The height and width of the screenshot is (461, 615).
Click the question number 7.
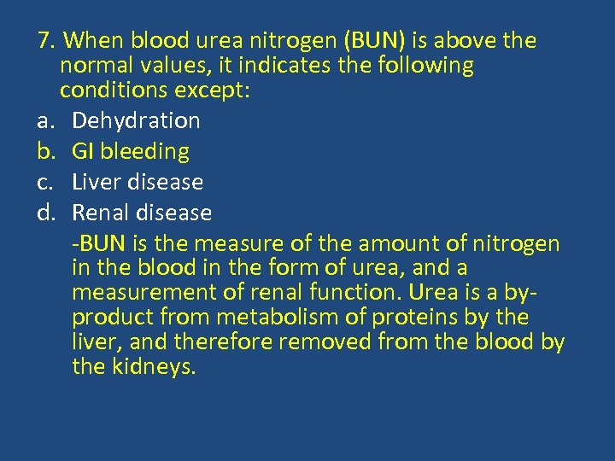(46, 41)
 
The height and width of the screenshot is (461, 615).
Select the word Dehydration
(136, 121)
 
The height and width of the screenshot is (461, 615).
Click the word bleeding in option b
(144, 152)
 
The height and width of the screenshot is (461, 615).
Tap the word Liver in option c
(95, 183)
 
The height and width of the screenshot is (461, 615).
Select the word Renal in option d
(99, 213)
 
